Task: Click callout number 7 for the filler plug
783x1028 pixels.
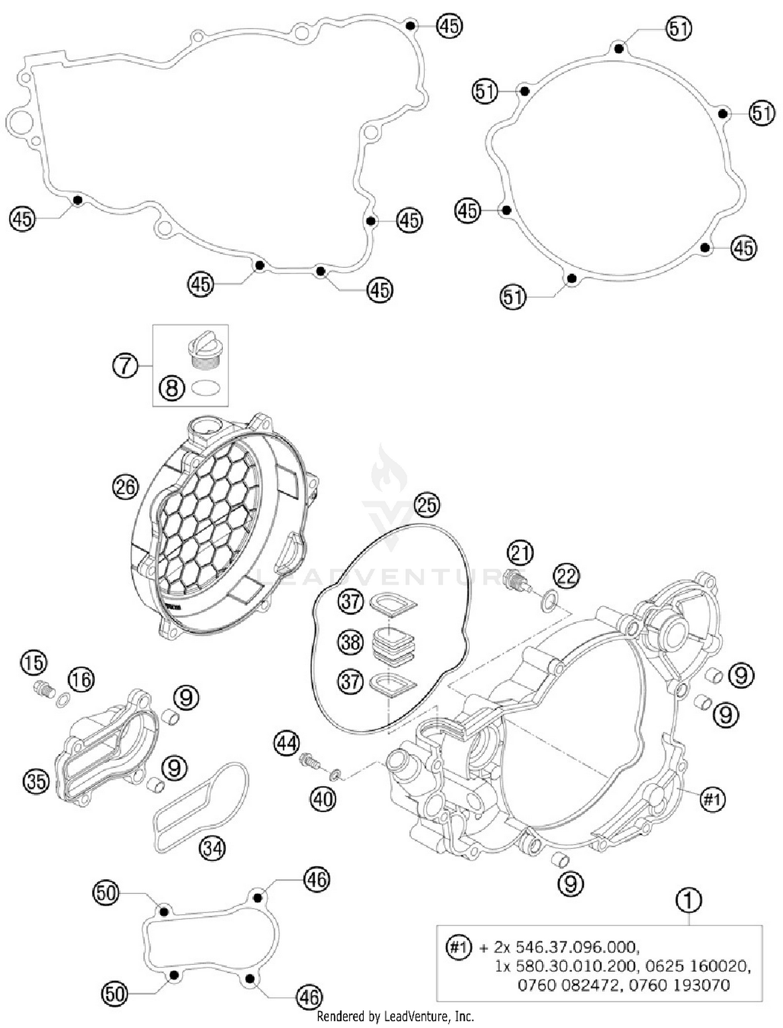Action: coord(125,365)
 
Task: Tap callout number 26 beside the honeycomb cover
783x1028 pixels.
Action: coord(125,487)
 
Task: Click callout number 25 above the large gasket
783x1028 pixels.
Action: coord(427,505)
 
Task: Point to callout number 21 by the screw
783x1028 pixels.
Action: coord(520,552)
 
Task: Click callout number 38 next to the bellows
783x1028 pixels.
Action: coord(350,641)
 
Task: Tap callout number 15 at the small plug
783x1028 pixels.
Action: coord(33,663)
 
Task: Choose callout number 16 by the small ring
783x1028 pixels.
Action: coord(81,680)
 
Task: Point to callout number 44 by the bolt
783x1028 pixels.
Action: coord(288,743)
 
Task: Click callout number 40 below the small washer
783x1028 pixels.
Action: coord(323,798)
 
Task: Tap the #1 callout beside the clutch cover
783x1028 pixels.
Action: coord(712,799)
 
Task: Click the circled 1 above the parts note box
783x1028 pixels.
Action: coord(689,900)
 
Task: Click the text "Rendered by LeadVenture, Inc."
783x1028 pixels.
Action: coord(395,1016)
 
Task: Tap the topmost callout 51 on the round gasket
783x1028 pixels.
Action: coord(679,28)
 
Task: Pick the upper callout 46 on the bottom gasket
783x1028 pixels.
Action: coord(317,879)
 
